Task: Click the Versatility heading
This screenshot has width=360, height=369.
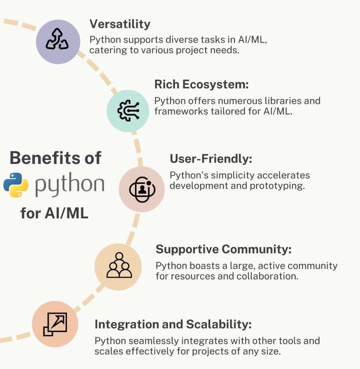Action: [x=120, y=24]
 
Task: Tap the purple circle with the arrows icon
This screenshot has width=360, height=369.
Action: [x=58, y=42]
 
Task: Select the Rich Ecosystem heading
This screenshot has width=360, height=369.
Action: [x=201, y=85]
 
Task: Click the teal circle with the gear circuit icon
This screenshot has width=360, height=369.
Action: [x=128, y=111]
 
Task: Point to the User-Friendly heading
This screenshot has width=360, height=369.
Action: [x=211, y=159]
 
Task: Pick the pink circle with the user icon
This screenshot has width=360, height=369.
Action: [x=141, y=189]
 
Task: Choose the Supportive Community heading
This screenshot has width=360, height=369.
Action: [x=223, y=249]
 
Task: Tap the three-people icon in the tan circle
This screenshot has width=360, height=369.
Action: [x=119, y=265]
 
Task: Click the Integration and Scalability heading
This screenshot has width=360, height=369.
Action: [x=173, y=324]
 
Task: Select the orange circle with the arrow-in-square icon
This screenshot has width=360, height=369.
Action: [x=55, y=324]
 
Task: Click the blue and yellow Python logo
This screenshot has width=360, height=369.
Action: [x=16, y=185]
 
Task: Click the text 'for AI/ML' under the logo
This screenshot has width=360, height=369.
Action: [x=54, y=213]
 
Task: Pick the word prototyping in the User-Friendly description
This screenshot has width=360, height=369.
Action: [x=277, y=186]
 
